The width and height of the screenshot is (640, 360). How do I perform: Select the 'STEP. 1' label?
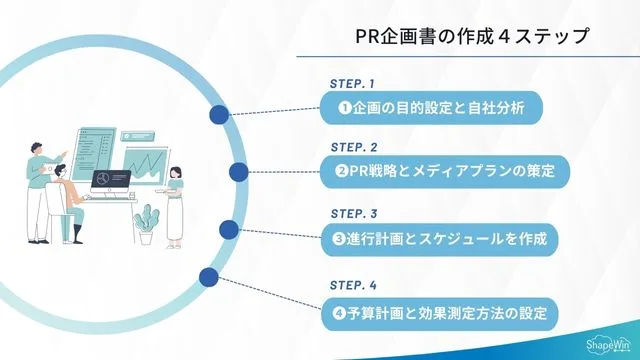point(352,84)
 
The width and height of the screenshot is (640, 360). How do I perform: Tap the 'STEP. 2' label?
point(352,147)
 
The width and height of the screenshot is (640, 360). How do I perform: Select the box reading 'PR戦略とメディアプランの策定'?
point(444,171)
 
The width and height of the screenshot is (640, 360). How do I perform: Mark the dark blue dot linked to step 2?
point(238,172)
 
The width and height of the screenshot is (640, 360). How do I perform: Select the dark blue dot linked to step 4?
point(209,277)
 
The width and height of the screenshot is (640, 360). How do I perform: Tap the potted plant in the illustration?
point(147,223)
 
